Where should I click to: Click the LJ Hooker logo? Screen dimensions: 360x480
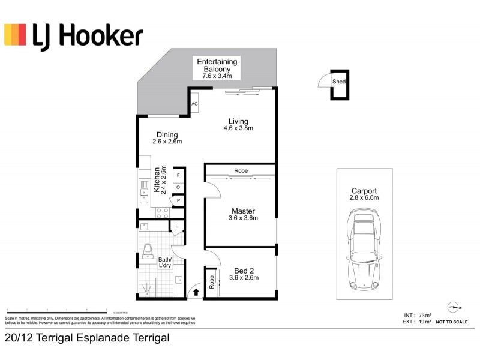73,36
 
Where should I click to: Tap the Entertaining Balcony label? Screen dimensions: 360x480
217,62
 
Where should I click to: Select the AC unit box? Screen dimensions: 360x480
194,104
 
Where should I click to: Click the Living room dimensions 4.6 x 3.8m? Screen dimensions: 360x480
238,128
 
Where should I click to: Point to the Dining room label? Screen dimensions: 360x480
167,134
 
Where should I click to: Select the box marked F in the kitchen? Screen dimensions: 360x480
178,175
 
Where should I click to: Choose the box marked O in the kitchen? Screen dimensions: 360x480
178,187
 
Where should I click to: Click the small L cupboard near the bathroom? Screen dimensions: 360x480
177,226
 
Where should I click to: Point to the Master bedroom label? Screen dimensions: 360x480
243,211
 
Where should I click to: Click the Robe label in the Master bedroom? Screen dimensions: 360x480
241,170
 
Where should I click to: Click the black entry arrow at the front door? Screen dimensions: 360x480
194,293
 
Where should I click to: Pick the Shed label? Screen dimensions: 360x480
339,82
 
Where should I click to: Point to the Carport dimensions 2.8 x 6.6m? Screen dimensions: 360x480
364,197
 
